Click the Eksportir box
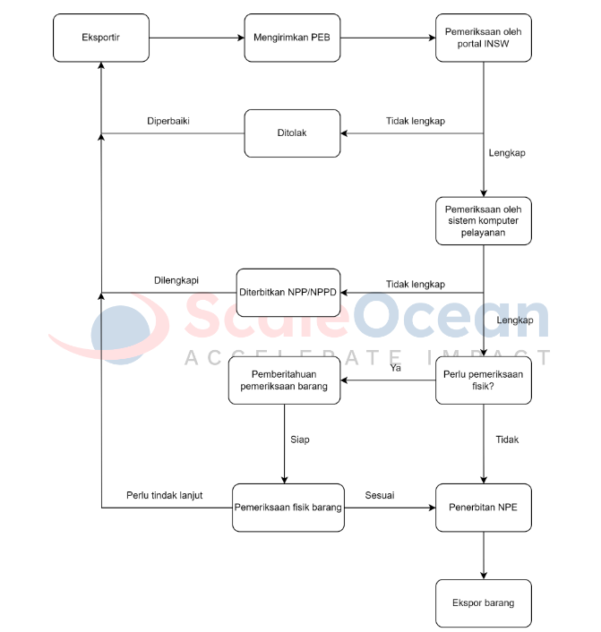[101, 38]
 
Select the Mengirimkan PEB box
[292, 38]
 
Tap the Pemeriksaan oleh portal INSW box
[484, 38]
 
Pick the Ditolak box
[292, 133]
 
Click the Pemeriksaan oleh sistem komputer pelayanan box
[484, 221]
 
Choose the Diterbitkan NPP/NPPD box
[288, 293]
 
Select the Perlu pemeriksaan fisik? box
[484, 380]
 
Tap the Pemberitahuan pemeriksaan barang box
[284, 380]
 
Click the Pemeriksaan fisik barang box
[288, 508]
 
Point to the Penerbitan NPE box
[484, 508]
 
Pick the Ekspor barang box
[484, 603]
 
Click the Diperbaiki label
[168, 121]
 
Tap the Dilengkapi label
[176, 280]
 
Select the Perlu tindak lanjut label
[165, 495]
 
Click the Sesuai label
[380, 495]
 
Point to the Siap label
[300, 440]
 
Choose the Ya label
[395, 368]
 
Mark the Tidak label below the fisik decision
[507, 440]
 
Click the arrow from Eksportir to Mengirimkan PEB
[197, 38]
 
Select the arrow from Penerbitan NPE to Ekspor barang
[484, 555]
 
